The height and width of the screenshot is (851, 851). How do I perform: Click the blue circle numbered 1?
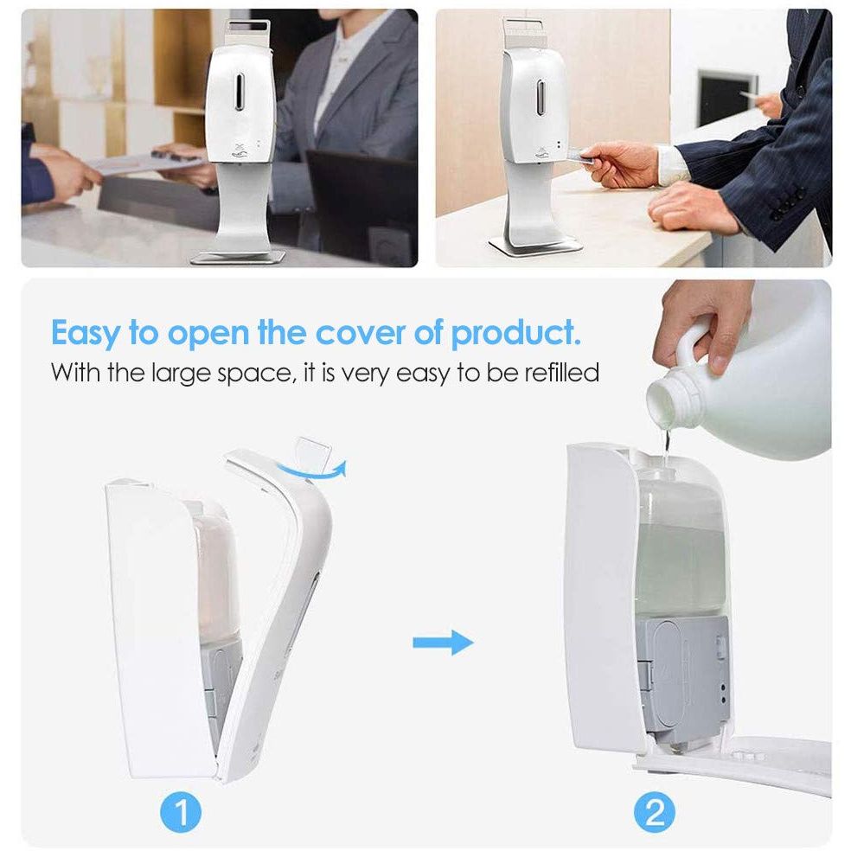click(181, 812)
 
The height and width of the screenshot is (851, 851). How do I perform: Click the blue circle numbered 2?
click(655, 812)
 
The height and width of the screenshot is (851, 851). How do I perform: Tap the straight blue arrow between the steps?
click(443, 643)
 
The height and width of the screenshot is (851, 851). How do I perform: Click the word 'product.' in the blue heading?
click(515, 334)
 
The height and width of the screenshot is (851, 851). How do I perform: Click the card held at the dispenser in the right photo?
click(580, 157)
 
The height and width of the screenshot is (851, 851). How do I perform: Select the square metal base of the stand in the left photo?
click(239, 257)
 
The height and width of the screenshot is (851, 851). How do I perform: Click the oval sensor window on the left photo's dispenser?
click(239, 91)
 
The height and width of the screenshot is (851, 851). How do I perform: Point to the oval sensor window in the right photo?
click(541, 98)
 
